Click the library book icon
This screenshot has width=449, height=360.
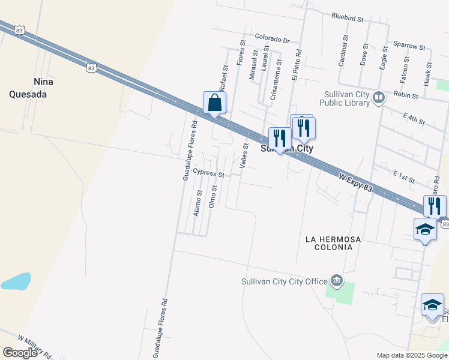pyautogui.click(x=378, y=97)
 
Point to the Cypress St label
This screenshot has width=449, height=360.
pyautogui.click(x=208, y=173)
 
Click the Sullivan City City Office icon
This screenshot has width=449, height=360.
pyautogui.click(x=336, y=280)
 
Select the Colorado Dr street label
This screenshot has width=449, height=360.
pyautogui.click(x=272, y=38)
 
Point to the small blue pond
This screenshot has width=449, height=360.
pyautogui.click(x=16, y=281)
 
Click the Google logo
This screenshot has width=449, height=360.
pyautogui.click(x=20, y=353)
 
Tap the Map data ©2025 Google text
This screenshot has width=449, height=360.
pyautogui.click(x=412, y=355)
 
